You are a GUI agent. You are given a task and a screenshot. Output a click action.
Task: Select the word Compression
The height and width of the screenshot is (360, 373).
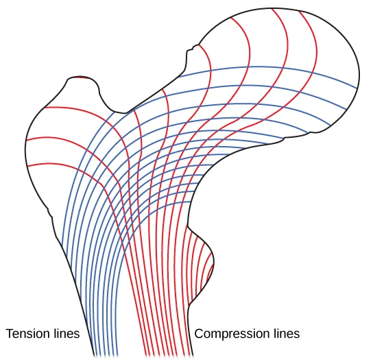pos(234,334)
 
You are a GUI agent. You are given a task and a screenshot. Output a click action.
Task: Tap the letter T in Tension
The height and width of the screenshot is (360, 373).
pos(9,334)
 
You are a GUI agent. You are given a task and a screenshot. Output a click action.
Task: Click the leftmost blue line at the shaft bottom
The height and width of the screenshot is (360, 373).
pos(94,353)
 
